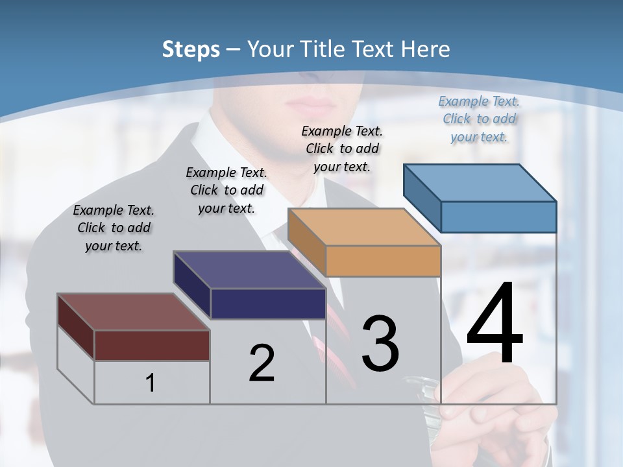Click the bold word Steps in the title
pos(191,49)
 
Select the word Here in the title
pos(426,49)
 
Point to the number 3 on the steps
pos(380,344)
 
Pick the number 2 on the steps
pos(262,364)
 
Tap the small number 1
pos(151,383)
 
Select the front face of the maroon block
pos(152,345)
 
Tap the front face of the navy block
pos(268,304)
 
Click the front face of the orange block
pos(383,261)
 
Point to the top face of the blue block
pos(480,182)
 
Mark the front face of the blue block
pos(498,217)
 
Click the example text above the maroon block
pos(114,228)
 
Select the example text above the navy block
pos(226,190)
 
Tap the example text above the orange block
pos(342,149)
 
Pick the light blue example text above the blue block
pos(479,119)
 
